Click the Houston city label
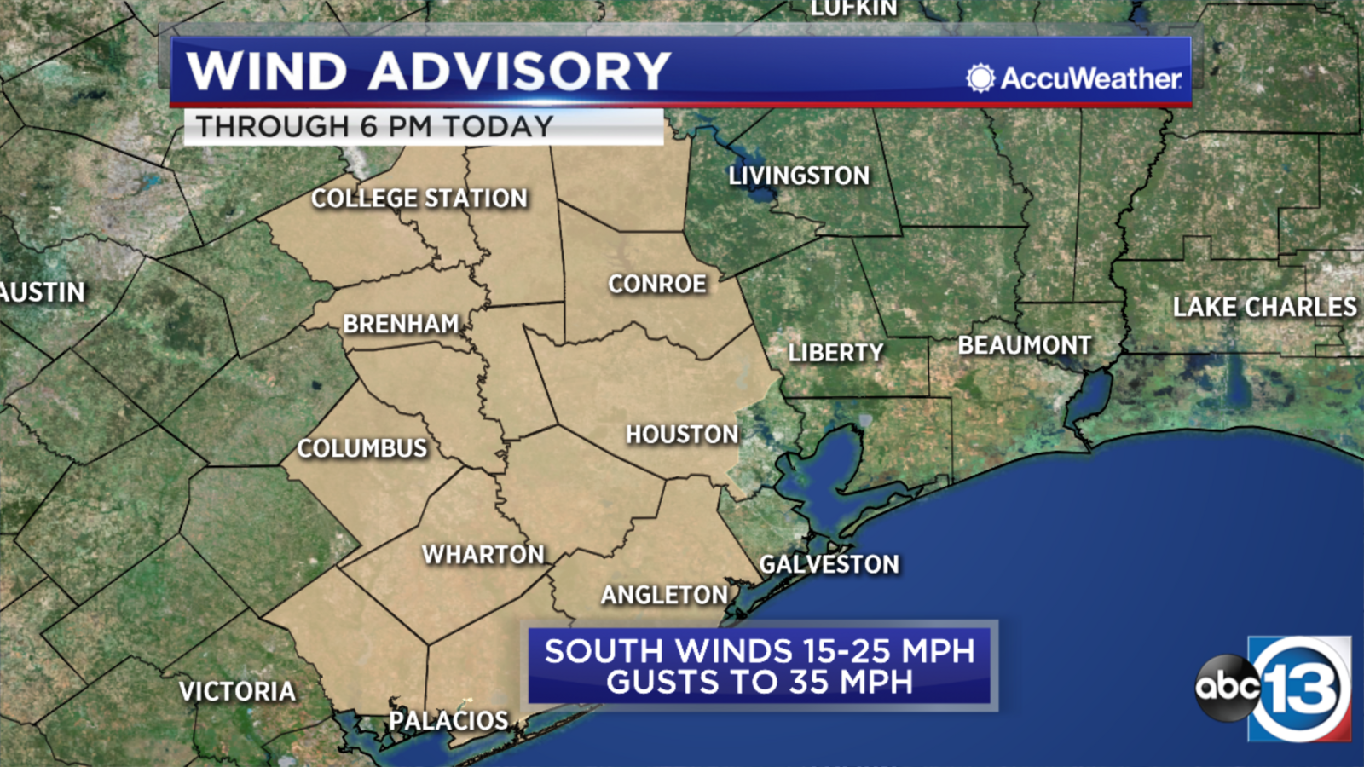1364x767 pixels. [x=682, y=435]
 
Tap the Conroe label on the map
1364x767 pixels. [x=657, y=284]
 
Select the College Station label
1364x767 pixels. [x=419, y=199]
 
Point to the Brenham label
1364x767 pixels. [x=401, y=324]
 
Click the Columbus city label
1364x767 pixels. [x=362, y=448]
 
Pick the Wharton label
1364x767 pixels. [x=483, y=555]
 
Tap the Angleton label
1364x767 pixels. [x=665, y=595]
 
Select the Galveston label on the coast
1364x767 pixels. [x=829, y=564]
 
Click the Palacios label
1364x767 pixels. [x=448, y=720]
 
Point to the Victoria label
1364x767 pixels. [x=237, y=691]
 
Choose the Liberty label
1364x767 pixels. [x=835, y=353]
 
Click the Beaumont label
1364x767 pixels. [x=1025, y=345]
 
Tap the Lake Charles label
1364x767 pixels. [x=1264, y=307]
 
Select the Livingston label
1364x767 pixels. [x=799, y=176]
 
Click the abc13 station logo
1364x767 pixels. [x=1274, y=688]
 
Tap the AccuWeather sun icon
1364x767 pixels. [x=980, y=78]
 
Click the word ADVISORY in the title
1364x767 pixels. [x=520, y=71]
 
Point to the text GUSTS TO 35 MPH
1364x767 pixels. [x=760, y=683]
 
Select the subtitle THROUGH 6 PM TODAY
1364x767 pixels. [x=375, y=127]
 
